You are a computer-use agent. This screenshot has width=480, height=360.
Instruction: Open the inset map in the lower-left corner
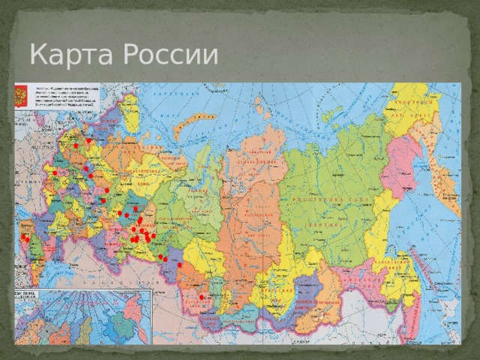tap(82, 316)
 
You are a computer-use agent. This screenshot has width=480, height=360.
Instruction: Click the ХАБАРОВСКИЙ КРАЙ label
tap(394, 266)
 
